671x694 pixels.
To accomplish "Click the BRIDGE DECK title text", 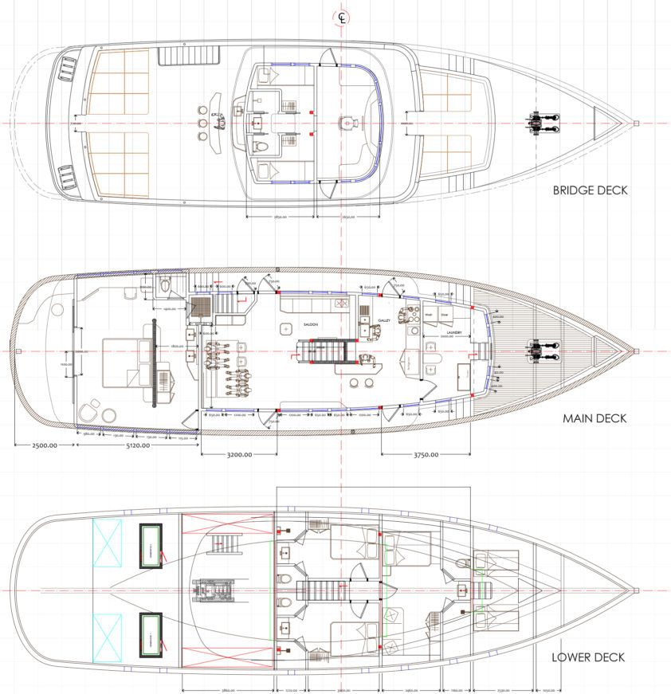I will click(589, 190).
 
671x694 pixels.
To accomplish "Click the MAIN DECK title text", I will click(594, 418).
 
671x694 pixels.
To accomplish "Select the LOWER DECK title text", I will click(588, 657).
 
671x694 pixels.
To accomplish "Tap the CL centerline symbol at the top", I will click(342, 18).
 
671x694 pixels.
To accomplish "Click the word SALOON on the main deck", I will click(311, 324).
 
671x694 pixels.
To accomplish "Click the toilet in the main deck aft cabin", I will click(165, 284).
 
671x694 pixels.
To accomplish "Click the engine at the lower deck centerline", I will click(214, 592).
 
